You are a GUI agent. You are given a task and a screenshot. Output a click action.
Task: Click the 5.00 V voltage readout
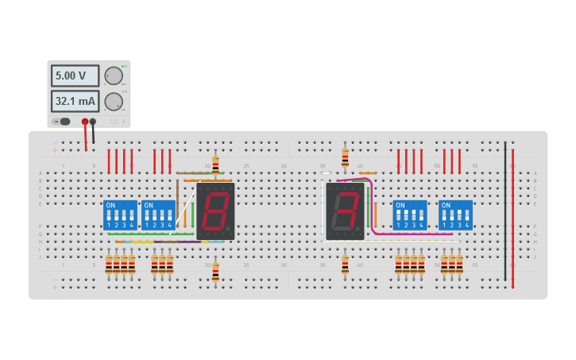(75, 75)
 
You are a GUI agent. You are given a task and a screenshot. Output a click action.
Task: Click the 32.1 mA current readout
(75, 101)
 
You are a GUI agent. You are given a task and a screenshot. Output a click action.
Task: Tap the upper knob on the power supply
(114, 75)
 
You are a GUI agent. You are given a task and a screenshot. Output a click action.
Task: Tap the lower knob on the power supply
(114, 101)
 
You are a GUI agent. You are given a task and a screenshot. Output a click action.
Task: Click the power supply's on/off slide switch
(62, 122)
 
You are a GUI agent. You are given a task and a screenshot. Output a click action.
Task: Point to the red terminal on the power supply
(85, 122)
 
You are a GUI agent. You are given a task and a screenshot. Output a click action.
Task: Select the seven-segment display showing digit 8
(215, 211)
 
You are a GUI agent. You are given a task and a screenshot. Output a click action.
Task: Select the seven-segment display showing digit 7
(345, 211)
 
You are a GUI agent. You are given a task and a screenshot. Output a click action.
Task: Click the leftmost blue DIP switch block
(120, 215)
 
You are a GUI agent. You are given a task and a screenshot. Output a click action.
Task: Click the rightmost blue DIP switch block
(455, 215)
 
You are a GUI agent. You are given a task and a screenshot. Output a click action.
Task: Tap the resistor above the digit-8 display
(215, 165)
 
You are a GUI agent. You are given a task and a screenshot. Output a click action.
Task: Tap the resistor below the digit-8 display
(215, 272)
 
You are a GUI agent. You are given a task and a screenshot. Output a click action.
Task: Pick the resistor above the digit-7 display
(345, 157)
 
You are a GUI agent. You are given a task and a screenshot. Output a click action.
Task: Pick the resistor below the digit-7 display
(345, 265)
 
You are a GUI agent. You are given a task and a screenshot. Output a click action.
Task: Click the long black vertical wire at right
(504, 211)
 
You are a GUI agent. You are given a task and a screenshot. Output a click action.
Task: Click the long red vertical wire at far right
(512, 219)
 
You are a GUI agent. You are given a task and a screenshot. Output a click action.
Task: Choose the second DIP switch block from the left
(158, 215)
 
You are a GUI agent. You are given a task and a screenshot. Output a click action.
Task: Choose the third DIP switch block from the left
(410, 215)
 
